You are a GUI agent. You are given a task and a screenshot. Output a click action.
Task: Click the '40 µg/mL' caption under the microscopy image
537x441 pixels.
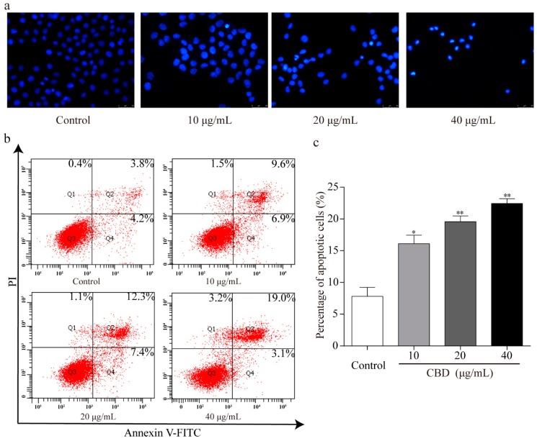[471, 119]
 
